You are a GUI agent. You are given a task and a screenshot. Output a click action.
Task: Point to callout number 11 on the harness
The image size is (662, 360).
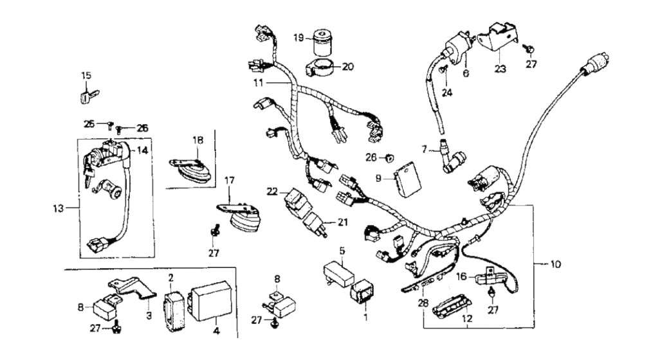(x=258, y=84)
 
